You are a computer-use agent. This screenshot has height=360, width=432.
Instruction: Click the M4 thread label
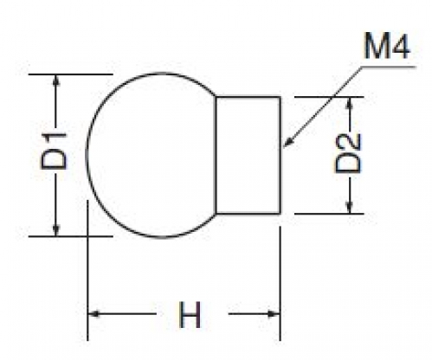[x=386, y=46]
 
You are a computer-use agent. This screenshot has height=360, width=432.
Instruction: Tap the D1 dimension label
[x=54, y=151]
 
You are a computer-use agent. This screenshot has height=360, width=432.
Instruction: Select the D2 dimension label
[x=348, y=153]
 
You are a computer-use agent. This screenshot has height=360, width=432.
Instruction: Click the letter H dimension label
[x=190, y=315]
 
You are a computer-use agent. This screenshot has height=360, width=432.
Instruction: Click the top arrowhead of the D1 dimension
[x=56, y=80]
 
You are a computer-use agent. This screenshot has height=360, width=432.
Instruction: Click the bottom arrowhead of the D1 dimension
[x=56, y=230]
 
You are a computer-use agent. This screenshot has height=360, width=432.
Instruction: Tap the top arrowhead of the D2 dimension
[x=350, y=104]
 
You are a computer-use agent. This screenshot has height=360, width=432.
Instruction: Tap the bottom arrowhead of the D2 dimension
[x=350, y=208]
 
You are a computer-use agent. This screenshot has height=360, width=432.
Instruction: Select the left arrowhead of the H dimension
[x=93, y=313]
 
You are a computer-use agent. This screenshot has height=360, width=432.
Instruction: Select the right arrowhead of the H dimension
[x=274, y=313]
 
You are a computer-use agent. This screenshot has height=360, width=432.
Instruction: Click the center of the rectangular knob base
[x=248, y=155]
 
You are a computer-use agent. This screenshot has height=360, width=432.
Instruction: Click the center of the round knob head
[x=152, y=155]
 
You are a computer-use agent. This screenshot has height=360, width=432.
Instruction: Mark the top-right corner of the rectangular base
[x=280, y=97]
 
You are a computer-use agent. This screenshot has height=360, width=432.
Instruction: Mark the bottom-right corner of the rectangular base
[x=280, y=214]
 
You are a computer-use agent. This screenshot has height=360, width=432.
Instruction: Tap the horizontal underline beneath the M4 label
[x=389, y=67]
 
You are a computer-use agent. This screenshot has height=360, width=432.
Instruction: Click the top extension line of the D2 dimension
[x=329, y=97]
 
